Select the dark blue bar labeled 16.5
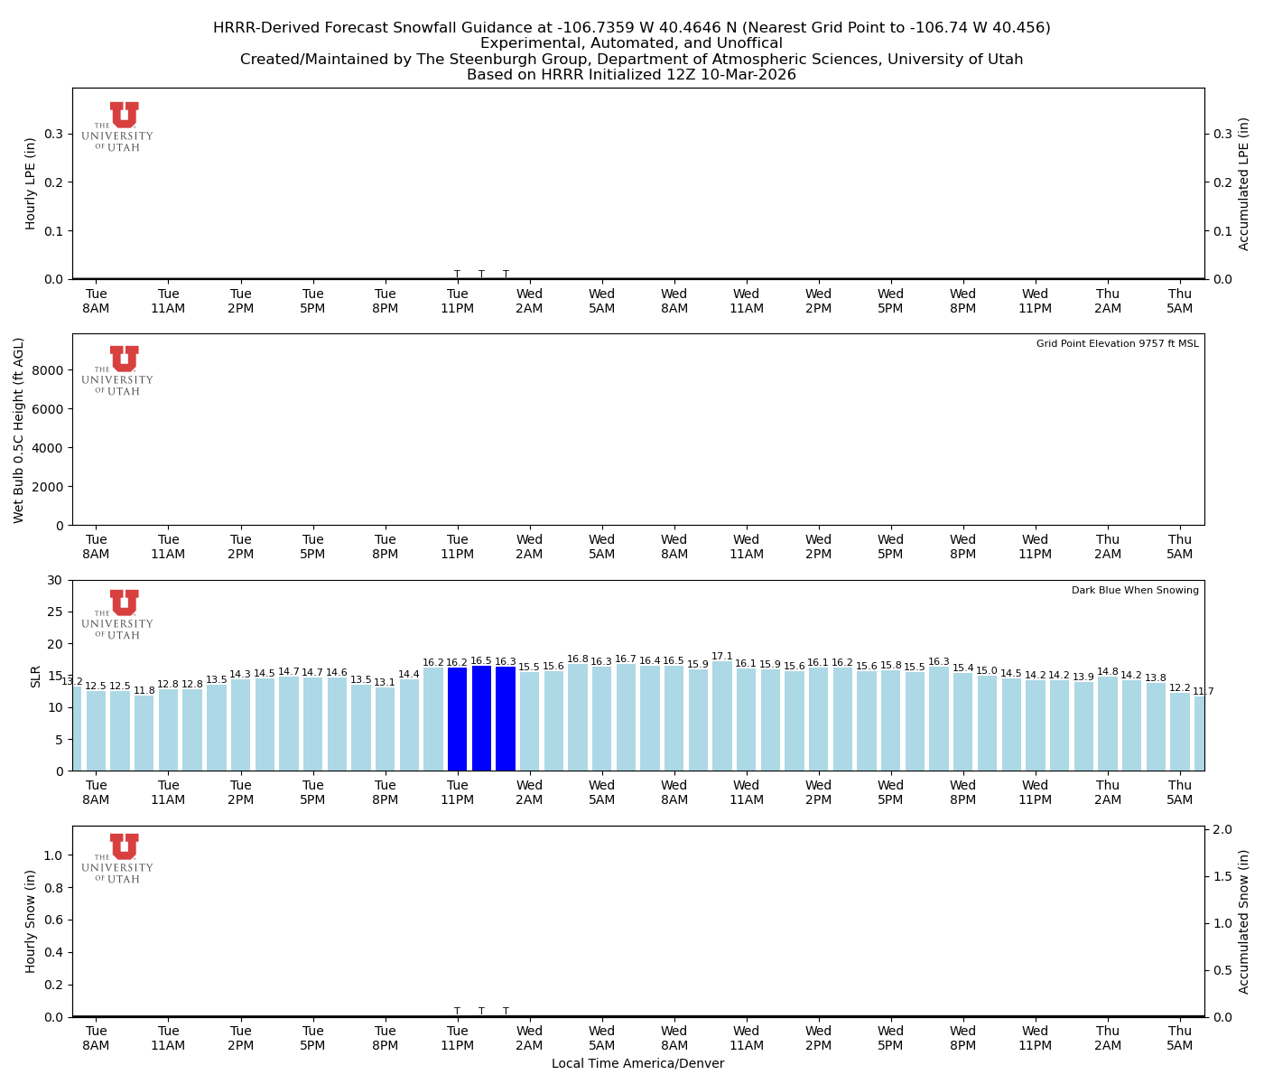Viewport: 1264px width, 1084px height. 481,718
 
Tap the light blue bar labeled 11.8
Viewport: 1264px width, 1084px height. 144,733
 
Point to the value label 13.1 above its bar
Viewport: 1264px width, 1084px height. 385,683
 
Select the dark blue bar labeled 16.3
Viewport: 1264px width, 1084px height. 506,718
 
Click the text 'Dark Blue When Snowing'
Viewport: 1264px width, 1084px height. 1135,591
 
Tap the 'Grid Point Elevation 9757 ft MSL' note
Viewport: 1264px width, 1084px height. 1117,344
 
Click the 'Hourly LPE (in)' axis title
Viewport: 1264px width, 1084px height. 31,183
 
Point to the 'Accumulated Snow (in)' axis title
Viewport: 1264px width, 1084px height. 1244,921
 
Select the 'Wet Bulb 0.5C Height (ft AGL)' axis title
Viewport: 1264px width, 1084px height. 19,430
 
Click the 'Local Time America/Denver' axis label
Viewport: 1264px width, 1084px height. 637,1063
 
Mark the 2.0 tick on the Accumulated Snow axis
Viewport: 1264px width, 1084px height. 1223,829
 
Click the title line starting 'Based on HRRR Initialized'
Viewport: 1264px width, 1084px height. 631,75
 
